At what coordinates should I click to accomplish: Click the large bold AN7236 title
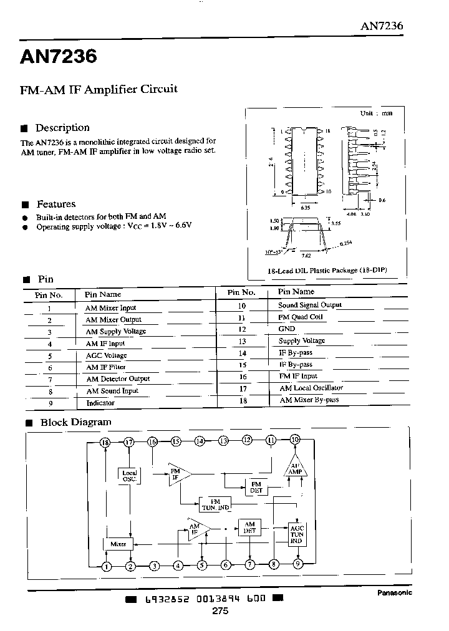pyautogui.click(x=59, y=57)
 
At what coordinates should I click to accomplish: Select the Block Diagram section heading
pyautogui.click(x=75, y=422)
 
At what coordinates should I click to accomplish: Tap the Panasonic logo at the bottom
pyautogui.click(x=395, y=593)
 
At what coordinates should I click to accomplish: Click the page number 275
pyautogui.click(x=220, y=611)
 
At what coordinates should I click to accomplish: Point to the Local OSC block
pyautogui.click(x=129, y=476)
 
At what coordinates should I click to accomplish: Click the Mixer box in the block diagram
pyautogui.click(x=118, y=544)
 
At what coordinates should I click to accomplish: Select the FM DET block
pyautogui.click(x=256, y=486)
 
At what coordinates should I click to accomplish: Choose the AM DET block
pyautogui.click(x=249, y=527)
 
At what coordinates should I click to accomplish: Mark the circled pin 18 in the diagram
pyautogui.click(x=106, y=442)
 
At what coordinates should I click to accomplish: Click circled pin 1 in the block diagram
pyautogui.click(x=107, y=566)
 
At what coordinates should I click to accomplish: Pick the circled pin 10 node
pyautogui.click(x=295, y=440)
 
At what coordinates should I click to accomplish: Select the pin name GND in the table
pyautogui.click(x=287, y=329)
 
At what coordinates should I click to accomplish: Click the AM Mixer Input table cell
pyautogui.click(x=110, y=307)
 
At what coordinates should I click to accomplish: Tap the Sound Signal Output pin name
pyautogui.click(x=310, y=305)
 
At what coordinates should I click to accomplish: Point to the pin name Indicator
pyautogui.click(x=100, y=403)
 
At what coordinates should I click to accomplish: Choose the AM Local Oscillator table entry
pyautogui.click(x=311, y=388)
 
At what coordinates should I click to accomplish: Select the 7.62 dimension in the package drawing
pyautogui.click(x=306, y=255)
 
